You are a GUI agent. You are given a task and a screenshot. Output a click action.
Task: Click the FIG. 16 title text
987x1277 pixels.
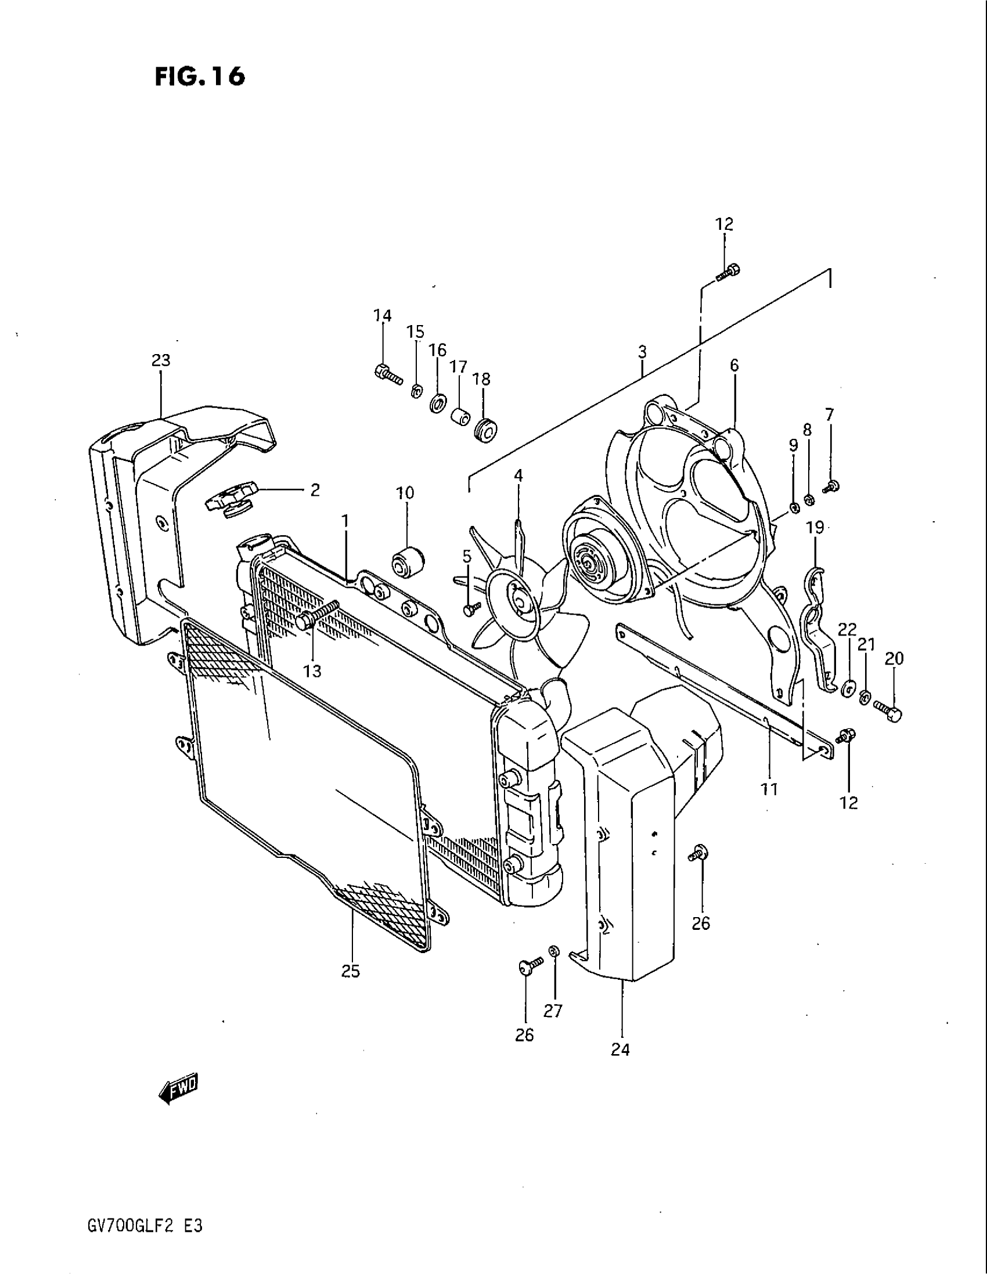(199, 77)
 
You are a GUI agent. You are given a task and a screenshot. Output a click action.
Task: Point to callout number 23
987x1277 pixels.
(161, 361)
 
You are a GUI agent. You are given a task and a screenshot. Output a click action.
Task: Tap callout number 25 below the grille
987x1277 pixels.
(351, 972)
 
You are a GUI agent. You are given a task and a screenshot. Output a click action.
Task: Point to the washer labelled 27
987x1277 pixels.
(554, 951)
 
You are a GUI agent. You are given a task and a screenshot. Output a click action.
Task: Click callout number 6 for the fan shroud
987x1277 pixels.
(734, 366)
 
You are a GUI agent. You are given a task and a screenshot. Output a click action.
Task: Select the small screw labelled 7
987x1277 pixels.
(831, 486)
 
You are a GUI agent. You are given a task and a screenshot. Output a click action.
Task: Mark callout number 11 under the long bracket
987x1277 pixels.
(769, 789)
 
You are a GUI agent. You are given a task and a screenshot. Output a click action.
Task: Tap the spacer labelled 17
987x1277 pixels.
(462, 417)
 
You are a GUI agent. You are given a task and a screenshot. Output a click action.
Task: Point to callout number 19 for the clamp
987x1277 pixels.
(815, 528)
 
